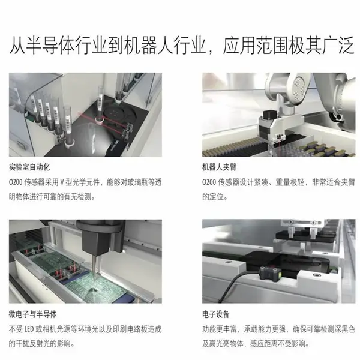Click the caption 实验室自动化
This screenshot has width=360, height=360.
(29, 167)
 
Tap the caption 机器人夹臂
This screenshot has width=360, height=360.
(219, 167)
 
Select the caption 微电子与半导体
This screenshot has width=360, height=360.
(32, 314)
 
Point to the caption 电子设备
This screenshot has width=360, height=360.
(215, 314)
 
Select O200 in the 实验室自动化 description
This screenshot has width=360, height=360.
(16, 182)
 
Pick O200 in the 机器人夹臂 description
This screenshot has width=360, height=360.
(209, 182)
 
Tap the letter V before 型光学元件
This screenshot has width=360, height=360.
(62, 182)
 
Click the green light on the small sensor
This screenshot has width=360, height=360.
(280, 274)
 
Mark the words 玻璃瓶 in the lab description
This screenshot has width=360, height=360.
(137, 182)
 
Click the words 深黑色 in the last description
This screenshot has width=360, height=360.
(344, 329)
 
